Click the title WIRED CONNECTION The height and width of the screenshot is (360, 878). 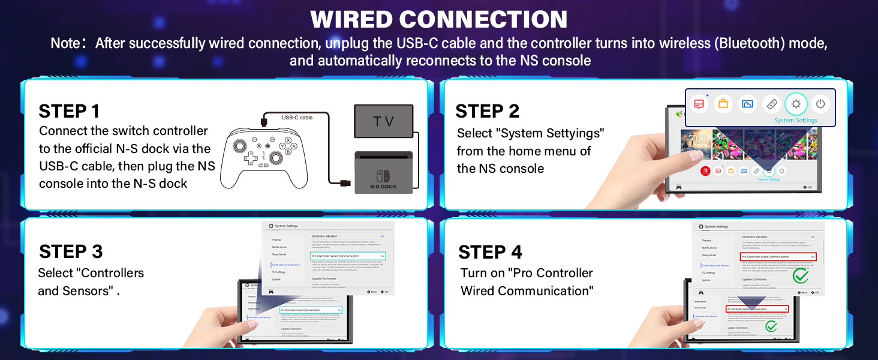438,19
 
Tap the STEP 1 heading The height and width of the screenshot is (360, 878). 69,111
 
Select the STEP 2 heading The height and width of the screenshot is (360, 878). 487,111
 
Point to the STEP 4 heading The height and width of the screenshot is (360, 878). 490,252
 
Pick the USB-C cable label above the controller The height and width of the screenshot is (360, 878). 297,118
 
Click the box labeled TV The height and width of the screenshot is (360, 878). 383,122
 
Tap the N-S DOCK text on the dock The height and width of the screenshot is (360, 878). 383,187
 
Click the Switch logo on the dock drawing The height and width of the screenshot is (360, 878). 383,175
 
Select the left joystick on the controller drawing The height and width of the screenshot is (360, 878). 239,145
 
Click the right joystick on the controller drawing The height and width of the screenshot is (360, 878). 276,157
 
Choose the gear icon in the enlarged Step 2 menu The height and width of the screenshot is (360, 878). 796,104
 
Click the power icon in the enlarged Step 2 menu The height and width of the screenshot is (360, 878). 820,104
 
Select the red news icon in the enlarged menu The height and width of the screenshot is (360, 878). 699,104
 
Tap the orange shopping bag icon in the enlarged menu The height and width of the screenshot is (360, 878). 723,104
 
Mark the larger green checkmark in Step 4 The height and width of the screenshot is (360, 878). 800,276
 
